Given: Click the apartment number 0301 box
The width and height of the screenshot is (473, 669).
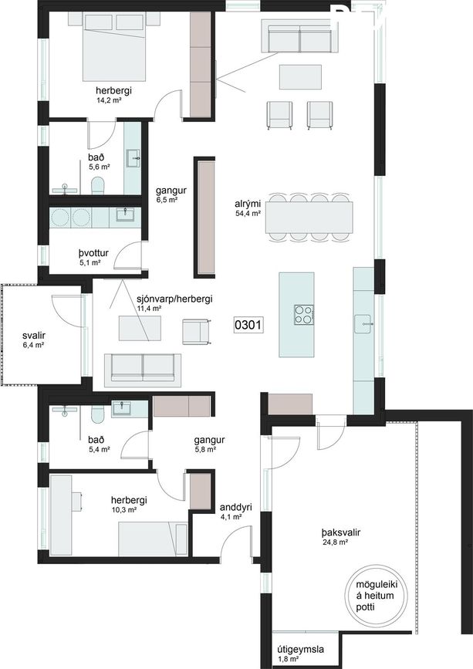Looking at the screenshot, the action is click(x=248, y=326).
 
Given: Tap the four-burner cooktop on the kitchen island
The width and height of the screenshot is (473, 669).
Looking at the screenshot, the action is click(x=304, y=316).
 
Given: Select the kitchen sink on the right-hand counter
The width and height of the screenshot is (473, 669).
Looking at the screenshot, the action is click(x=363, y=324).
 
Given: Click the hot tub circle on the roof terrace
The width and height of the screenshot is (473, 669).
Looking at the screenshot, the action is click(x=376, y=595).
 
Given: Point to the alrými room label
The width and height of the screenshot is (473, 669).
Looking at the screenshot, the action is click(x=248, y=204).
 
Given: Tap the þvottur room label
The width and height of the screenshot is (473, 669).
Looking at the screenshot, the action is click(x=93, y=253).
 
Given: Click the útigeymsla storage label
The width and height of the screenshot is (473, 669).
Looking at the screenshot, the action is click(x=300, y=650).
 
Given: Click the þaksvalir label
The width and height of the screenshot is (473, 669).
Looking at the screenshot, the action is click(x=341, y=532).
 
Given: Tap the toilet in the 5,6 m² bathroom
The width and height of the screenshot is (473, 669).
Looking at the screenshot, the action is click(x=98, y=187).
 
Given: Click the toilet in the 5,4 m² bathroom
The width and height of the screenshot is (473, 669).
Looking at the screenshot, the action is click(x=98, y=414).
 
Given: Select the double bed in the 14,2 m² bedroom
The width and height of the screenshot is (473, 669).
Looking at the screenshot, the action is click(x=114, y=46).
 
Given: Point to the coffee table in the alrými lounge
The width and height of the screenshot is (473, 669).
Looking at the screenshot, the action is click(x=300, y=77).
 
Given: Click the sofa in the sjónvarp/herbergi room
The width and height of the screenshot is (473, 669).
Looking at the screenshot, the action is click(x=143, y=368).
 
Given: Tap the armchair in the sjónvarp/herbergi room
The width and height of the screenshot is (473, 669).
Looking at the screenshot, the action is click(x=197, y=332).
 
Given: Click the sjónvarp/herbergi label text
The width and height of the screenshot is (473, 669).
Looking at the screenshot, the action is click(x=174, y=299).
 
